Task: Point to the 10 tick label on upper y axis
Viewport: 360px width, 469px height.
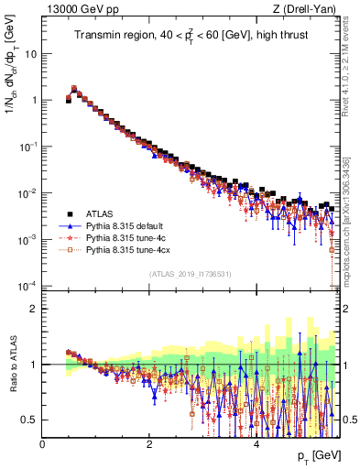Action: [30, 53]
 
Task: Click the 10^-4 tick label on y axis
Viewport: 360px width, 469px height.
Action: [27, 285]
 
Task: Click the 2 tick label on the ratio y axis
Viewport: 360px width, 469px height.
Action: [33, 309]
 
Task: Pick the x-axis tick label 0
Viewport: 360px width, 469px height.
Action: [42, 444]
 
